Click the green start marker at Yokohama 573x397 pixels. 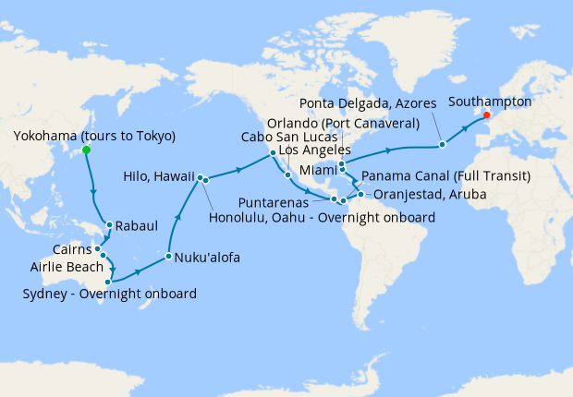[x=86, y=149]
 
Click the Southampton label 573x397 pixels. [x=490, y=102]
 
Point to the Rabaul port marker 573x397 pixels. [x=109, y=224]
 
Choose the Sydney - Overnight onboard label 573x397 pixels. [x=108, y=295]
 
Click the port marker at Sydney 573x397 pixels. [x=108, y=282]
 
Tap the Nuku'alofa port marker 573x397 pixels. [x=169, y=257]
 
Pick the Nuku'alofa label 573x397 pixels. [x=207, y=258]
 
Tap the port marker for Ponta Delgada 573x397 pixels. [x=443, y=144]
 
